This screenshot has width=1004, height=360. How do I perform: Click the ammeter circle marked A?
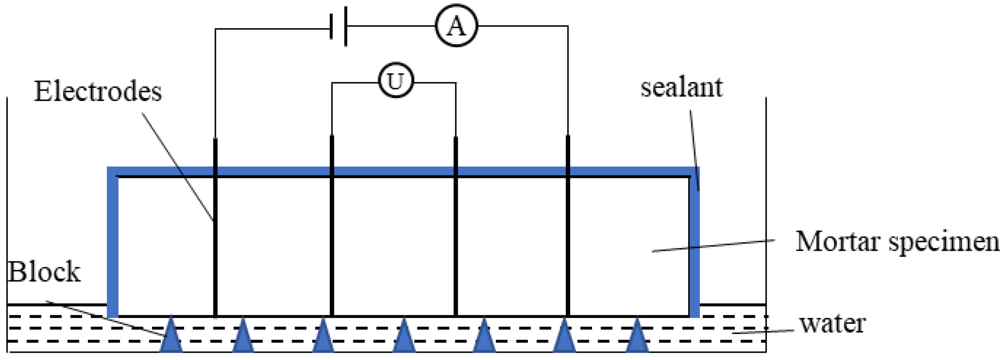(x=456, y=27)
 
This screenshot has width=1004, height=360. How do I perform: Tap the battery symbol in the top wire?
(x=338, y=27)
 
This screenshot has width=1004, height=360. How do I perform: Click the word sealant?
(x=682, y=87)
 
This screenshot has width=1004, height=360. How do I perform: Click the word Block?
(x=44, y=272)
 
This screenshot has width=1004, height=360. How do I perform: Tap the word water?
(x=832, y=323)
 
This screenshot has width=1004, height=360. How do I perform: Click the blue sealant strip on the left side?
(x=113, y=245)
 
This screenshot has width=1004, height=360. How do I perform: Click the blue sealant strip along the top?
(x=390, y=171)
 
